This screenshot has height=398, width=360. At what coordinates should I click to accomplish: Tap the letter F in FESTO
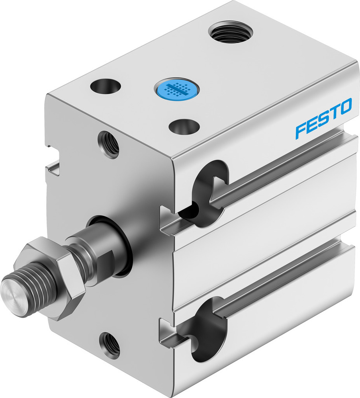click(301, 131)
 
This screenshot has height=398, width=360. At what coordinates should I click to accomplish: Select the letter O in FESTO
click(345, 106)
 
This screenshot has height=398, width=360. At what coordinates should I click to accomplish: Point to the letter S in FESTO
click(323, 119)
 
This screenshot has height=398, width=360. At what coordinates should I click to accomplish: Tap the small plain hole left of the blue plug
click(106, 85)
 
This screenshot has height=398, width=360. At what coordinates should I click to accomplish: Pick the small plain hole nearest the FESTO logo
click(184, 127)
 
